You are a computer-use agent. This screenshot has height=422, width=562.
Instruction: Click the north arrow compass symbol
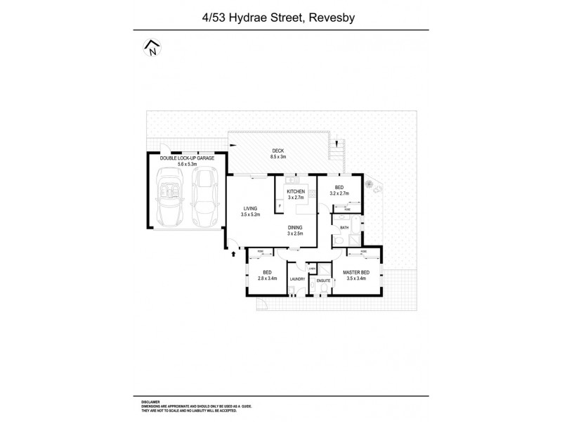(152, 48)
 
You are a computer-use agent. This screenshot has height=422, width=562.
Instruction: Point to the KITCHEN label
(295, 192)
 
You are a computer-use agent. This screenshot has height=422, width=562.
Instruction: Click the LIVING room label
(251, 208)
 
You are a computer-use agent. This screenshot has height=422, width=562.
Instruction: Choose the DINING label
(295, 226)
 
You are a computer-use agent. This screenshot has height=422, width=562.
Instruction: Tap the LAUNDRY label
(297, 279)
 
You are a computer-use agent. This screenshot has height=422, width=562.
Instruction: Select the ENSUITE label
(324, 281)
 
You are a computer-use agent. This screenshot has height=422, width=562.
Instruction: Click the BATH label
(344, 228)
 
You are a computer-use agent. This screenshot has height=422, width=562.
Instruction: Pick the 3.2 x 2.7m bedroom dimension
(339, 193)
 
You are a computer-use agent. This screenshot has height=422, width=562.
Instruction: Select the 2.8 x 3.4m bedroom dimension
(266, 279)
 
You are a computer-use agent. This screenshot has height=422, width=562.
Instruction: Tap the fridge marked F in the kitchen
(280, 205)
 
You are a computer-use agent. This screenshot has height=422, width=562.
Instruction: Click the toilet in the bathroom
(339, 243)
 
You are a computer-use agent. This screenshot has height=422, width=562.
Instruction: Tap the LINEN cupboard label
(311, 268)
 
